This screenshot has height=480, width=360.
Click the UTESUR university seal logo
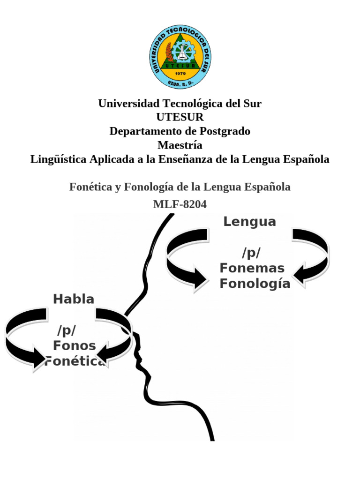[x=180, y=57]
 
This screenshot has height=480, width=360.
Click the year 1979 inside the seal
[x=180, y=74]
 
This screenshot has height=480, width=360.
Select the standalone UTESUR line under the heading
[x=180, y=117]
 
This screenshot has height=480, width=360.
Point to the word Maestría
[x=180, y=145]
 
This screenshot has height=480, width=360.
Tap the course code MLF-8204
[x=180, y=204]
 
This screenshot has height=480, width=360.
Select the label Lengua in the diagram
[x=249, y=222]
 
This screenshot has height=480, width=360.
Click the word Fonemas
[x=252, y=268]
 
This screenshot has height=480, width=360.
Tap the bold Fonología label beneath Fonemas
[x=255, y=284]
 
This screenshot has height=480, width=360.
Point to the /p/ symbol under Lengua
[x=251, y=253]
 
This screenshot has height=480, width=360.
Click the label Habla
[x=74, y=299]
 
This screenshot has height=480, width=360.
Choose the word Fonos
[x=75, y=346]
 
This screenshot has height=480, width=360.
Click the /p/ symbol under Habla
[x=67, y=330]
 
